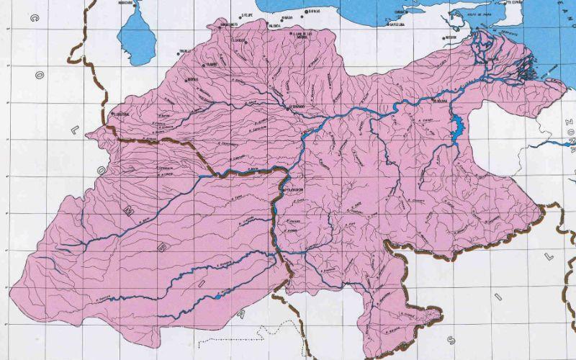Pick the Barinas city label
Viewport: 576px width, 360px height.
(x=192, y=80)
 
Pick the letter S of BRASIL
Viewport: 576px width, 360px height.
(x=451, y=338)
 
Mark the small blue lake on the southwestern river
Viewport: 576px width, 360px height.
(x=218, y=294)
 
